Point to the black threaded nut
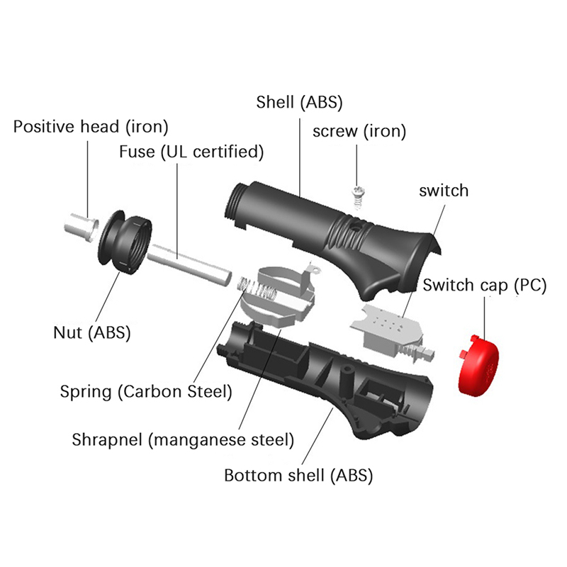tap(126, 242)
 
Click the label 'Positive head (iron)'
tap(91, 127)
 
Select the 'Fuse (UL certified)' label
tap(191, 151)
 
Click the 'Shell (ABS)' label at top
tap(299, 101)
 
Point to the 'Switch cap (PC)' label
tap(485, 285)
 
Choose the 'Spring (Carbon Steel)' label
tap(146, 391)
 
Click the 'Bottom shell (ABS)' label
tap(298, 475)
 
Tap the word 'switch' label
tap(444, 190)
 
